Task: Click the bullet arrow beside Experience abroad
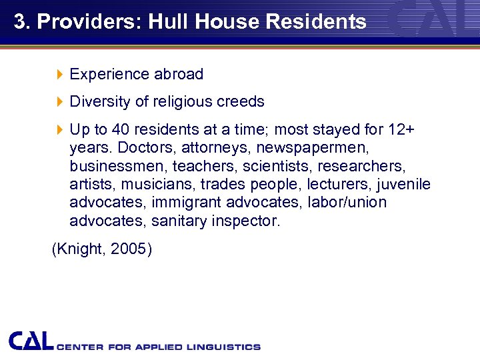click(59, 75)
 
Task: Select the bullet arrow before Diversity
click(59, 102)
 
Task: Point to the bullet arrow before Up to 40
click(59, 129)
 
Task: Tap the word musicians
click(150, 184)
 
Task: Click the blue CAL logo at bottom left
click(31, 341)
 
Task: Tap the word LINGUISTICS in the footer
click(223, 347)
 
